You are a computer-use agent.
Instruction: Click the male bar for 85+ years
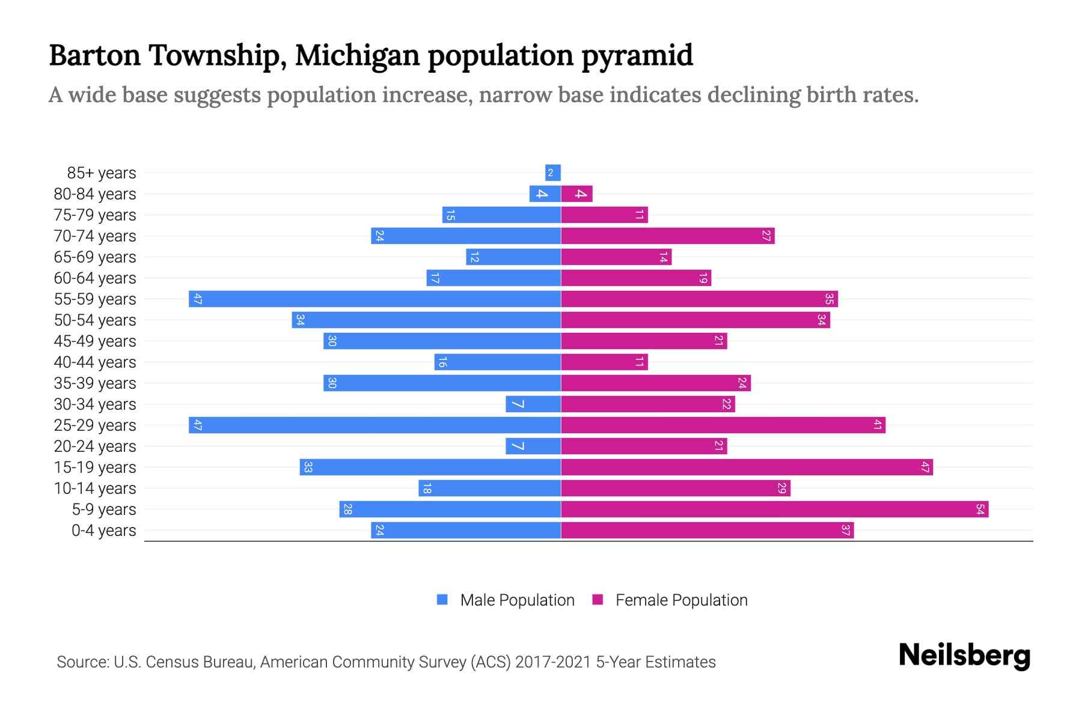(553, 173)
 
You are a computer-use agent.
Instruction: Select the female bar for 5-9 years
(774, 510)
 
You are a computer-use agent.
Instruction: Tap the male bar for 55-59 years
(374, 299)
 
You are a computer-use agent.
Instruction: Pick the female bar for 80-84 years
(576, 194)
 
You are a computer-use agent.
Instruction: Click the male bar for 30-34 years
(533, 404)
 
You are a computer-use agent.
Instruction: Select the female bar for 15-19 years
(747, 467)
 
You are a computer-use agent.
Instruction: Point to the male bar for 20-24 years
(533, 446)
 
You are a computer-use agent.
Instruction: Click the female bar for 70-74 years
(667, 236)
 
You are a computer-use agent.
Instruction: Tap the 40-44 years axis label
(95, 362)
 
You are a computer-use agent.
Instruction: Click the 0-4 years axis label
(103, 531)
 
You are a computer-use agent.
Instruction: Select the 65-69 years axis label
(95, 257)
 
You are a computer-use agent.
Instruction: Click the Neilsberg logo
(964, 656)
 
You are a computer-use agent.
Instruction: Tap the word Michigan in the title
(356, 55)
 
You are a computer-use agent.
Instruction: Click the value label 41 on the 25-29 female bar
(878, 425)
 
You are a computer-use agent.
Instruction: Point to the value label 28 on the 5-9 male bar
(347, 510)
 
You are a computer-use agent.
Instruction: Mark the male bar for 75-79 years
(501, 215)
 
